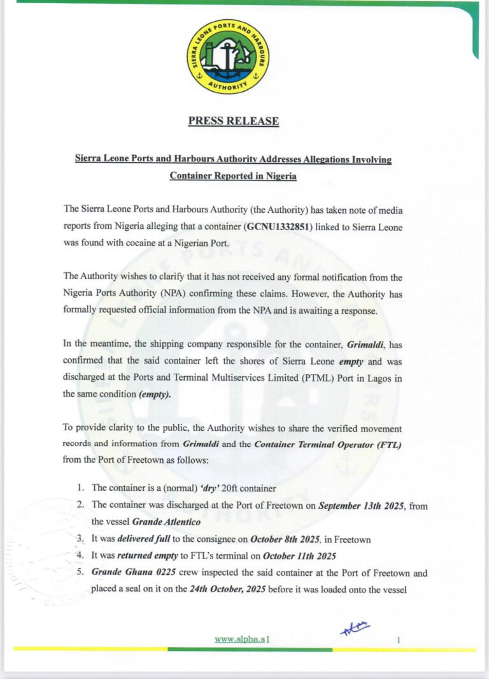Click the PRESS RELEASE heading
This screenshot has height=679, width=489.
tap(234, 121)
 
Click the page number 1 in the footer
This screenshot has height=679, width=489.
tap(398, 638)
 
